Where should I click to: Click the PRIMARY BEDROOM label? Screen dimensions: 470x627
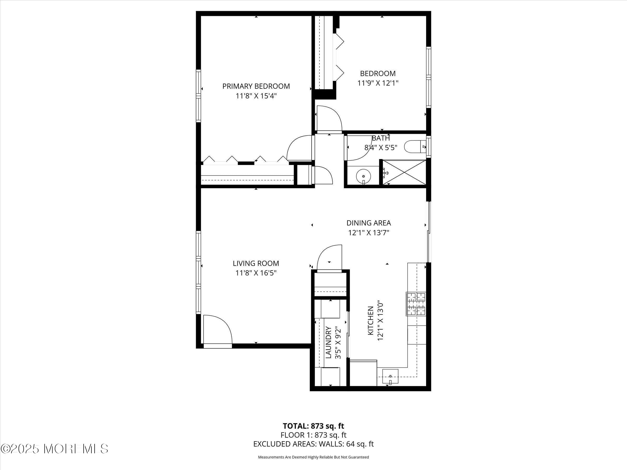pyautogui.click(x=256, y=86)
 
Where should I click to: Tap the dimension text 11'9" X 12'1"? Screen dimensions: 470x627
pyautogui.click(x=378, y=83)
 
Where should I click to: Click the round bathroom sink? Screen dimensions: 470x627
pyautogui.click(x=363, y=176)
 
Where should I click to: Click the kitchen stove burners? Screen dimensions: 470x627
pyautogui.click(x=416, y=304)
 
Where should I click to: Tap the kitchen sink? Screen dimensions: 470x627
pyautogui.click(x=390, y=376)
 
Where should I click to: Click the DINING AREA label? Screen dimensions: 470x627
pyautogui.click(x=368, y=223)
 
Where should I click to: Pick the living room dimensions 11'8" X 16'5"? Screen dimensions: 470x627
pyautogui.click(x=256, y=273)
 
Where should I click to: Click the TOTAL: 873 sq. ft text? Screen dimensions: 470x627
pyautogui.click(x=313, y=426)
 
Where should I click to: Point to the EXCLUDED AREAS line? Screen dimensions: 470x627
pyautogui.click(x=313, y=444)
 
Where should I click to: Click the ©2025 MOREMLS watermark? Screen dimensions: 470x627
pyautogui.click(x=54, y=449)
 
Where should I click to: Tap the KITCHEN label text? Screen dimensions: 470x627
pyautogui.click(x=370, y=321)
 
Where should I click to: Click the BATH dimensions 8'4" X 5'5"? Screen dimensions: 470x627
pyautogui.click(x=380, y=148)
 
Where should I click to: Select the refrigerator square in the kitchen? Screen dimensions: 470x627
pyautogui.click(x=363, y=373)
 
